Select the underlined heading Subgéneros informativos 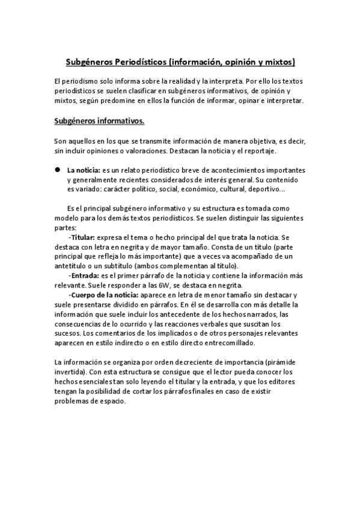pyautogui.click(x=99, y=121)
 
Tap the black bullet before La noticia pyautogui.click(x=59, y=170)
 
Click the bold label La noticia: pyautogui.click(x=84, y=170)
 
